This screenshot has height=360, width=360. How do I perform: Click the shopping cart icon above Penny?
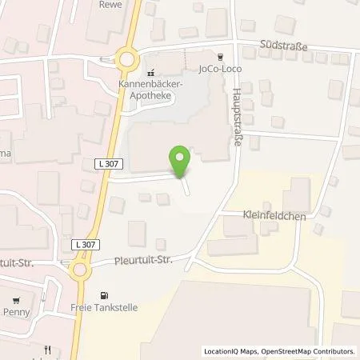tap(16, 303)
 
